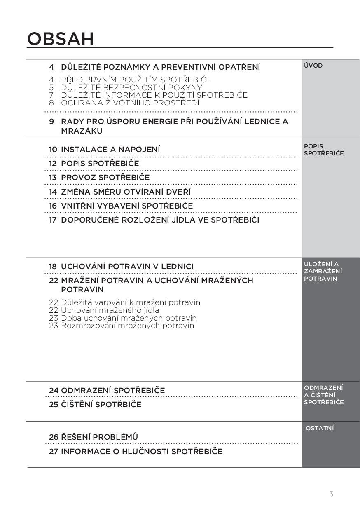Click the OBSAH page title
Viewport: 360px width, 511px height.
(61, 39)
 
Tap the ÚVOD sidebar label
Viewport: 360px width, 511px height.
(313, 66)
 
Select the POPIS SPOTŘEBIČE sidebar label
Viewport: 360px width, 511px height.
(323, 150)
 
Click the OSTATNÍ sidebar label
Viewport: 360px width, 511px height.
(320, 428)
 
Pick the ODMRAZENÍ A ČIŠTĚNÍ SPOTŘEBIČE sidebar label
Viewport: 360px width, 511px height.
(323, 395)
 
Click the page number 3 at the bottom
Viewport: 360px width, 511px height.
(331, 494)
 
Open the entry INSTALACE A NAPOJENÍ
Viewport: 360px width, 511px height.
(110, 149)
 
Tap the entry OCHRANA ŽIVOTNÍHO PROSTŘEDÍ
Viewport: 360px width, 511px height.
(130, 103)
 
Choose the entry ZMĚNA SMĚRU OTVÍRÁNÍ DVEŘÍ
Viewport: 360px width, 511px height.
(126, 192)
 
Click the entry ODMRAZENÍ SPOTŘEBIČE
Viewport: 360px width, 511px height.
(112, 390)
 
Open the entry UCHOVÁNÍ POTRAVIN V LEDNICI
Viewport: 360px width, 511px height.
(127, 266)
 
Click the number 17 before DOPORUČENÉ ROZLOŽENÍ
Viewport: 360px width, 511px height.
(53, 220)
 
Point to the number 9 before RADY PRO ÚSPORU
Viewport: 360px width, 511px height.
(51, 122)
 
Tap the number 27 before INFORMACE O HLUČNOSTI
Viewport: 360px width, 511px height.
(54, 451)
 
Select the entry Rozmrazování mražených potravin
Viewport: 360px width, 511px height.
(127, 326)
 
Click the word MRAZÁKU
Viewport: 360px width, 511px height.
(82, 131)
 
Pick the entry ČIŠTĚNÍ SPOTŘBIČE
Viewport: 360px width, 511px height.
(101, 404)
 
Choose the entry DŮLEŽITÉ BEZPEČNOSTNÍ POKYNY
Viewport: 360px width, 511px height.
(131, 87)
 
